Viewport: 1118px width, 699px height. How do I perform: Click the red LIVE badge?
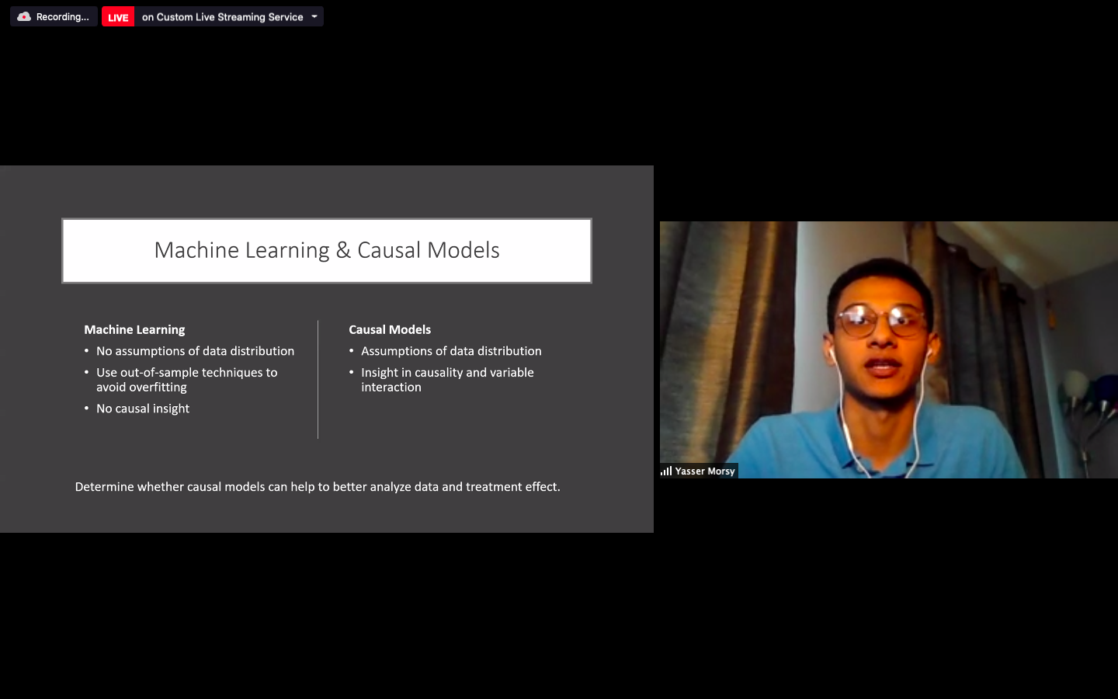pyautogui.click(x=118, y=17)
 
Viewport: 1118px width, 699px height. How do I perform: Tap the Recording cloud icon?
pyautogui.click(x=24, y=17)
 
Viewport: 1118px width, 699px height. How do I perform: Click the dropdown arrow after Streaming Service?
pyautogui.click(x=314, y=16)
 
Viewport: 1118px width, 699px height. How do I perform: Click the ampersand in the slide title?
pyautogui.click(x=343, y=250)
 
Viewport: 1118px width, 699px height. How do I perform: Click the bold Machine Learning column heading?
pyautogui.click(x=134, y=329)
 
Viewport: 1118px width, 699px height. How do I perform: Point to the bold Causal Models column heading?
pyautogui.click(x=390, y=329)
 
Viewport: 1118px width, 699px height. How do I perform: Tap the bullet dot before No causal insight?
pyautogui.click(x=86, y=408)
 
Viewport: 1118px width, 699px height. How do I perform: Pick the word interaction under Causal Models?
pyautogui.click(x=391, y=387)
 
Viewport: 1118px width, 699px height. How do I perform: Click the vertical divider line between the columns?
pyautogui.click(x=318, y=380)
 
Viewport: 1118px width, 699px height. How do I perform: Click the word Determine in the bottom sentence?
pyautogui.click(x=104, y=487)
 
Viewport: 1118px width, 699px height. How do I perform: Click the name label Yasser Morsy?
pyautogui.click(x=705, y=471)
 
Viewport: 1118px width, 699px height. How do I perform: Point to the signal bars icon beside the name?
pyautogui.click(x=666, y=471)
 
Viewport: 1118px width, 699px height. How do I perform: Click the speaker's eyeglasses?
pyautogui.click(x=882, y=322)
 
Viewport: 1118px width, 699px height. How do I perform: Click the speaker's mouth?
pyautogui.click(x=883, y=368)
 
